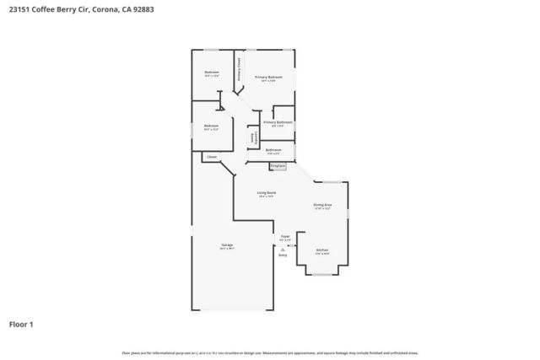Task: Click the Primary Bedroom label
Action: pos(269,77)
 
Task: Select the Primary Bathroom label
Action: pos(278,122)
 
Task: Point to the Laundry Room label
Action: pos(251,137)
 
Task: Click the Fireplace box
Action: pos(278,166)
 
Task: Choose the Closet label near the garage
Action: pos(212,156)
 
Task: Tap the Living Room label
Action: pos(267,193)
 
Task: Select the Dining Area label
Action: pos(322,205)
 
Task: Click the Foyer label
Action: pos(285,237)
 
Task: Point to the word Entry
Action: pos(283,254)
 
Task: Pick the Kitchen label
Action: pos(322,250)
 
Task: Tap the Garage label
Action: pos(226,246)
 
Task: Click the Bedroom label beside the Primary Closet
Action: pos(212,73)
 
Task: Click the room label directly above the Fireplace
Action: pos(273,150)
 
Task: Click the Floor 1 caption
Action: pos(21,324)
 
